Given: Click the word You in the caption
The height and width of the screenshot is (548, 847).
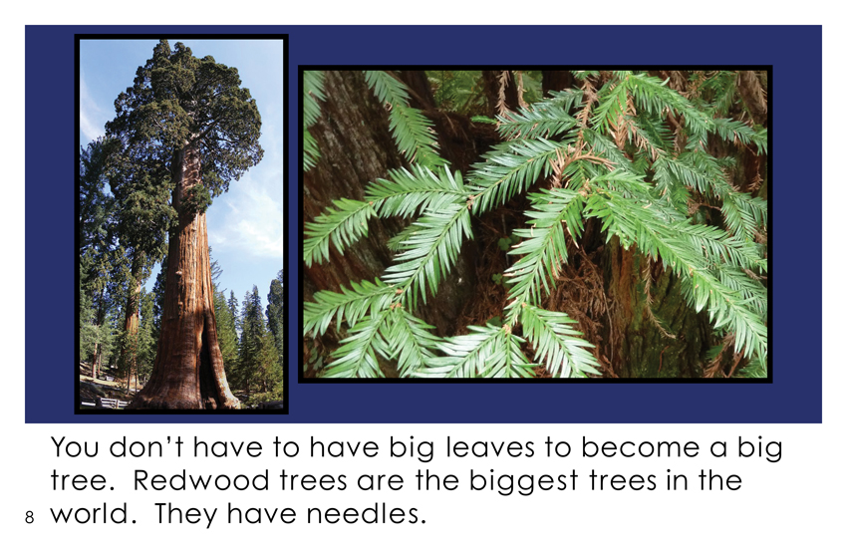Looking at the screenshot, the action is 75,447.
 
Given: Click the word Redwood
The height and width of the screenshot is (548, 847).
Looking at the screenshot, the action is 200,480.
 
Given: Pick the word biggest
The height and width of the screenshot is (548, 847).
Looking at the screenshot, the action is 523,481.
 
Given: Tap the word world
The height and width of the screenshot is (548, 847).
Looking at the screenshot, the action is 91,513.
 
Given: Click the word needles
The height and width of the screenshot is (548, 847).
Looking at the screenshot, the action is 362,513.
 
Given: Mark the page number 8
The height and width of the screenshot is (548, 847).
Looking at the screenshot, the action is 29,517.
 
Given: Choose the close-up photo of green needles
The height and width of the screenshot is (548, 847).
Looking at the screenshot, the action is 535,224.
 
